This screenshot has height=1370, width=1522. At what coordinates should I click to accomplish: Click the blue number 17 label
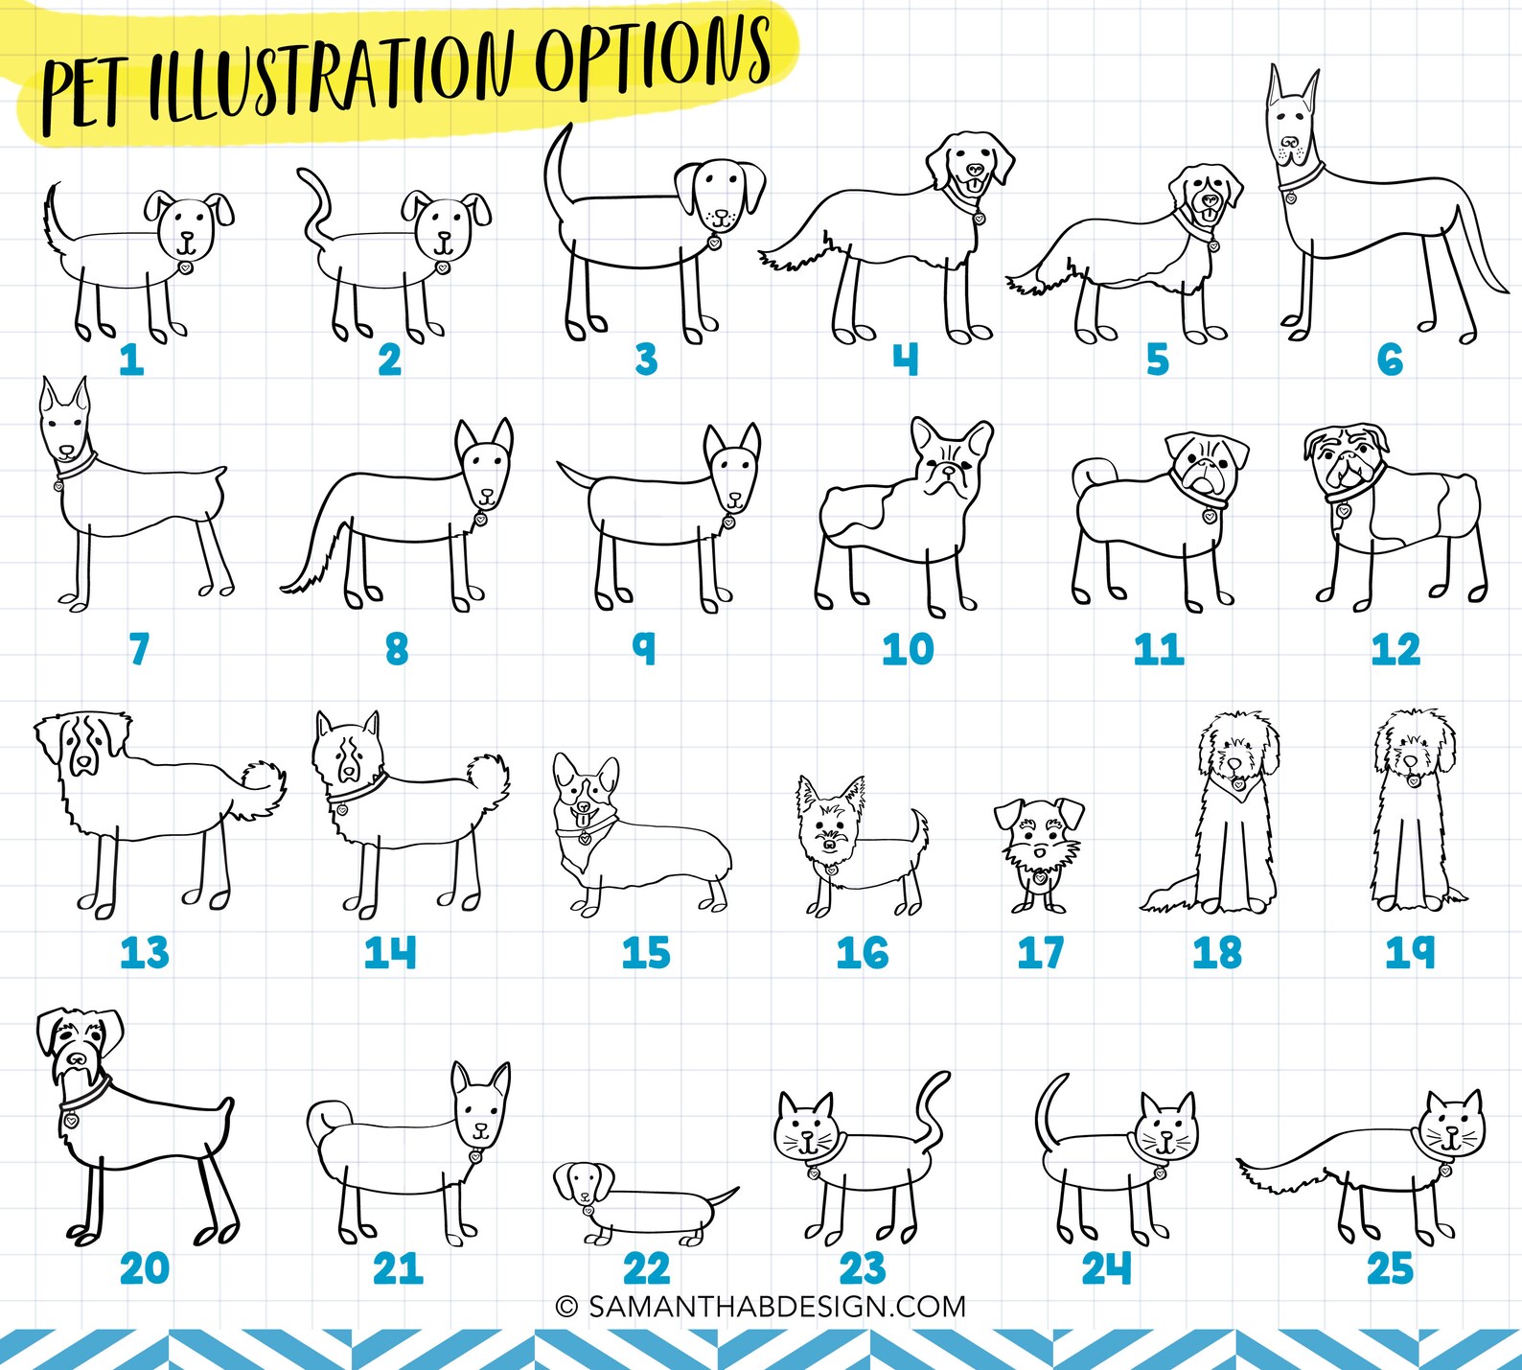1040,953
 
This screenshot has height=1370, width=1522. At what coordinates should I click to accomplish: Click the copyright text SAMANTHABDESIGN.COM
761,1307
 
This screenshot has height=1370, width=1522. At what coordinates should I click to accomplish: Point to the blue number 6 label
1390,360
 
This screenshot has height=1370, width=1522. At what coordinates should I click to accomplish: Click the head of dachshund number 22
584,1181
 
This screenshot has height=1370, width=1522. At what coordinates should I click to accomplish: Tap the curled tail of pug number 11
1089,472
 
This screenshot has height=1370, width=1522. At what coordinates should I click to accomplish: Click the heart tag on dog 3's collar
714,244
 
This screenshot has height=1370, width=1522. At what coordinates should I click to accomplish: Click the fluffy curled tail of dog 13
263,786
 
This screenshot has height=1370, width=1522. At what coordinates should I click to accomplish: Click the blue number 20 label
144,1268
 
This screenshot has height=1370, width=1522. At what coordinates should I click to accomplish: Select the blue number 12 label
1395,650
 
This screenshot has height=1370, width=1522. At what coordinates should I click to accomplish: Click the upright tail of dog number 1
54,216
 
